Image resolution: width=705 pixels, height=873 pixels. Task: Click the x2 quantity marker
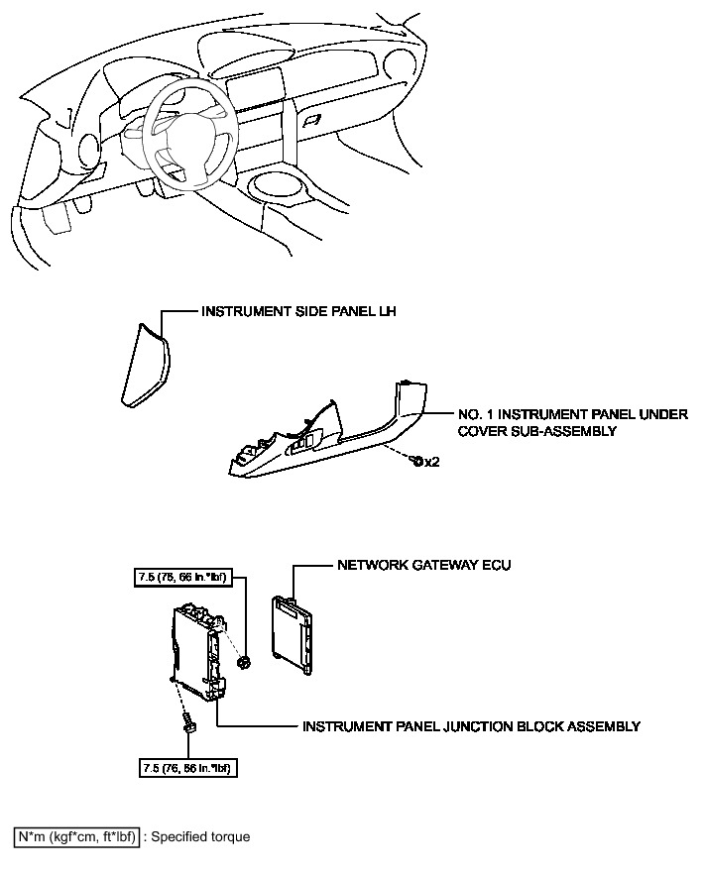click(431, 462)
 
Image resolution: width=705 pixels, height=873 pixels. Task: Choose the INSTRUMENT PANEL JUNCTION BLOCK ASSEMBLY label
click(471, 726)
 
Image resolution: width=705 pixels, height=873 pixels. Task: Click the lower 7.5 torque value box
click(188, 767)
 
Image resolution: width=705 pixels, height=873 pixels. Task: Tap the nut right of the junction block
click(244, 661)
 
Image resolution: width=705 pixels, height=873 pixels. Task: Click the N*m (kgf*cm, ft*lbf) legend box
click(75, 837)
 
